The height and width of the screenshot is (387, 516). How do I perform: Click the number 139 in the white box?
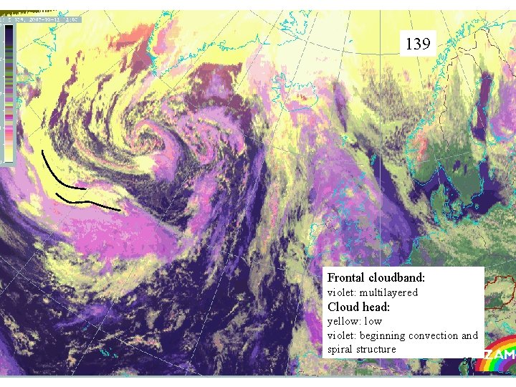pyautogui.click(x=418, y=44)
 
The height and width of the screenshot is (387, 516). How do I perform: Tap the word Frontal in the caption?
pyautogui.click(x=347, y=277)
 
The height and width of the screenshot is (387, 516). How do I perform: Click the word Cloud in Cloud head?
pyautogui.click(x=342, y=307)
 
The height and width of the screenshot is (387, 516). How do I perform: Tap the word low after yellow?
pyautogui.click(x=373, y=321)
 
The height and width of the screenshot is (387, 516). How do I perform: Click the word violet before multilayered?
pyautogui.click(x=342, y=292)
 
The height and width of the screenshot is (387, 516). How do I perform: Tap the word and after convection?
pyautogui.click(x=469, y=335)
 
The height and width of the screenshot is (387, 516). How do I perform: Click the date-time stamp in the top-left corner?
pyautogui.click(x=43, y=20)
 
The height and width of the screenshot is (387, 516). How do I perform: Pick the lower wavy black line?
pyautogui.click(x=90, y=203)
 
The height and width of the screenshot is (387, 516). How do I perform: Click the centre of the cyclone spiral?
pyautogui.click(x=150, y=136)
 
